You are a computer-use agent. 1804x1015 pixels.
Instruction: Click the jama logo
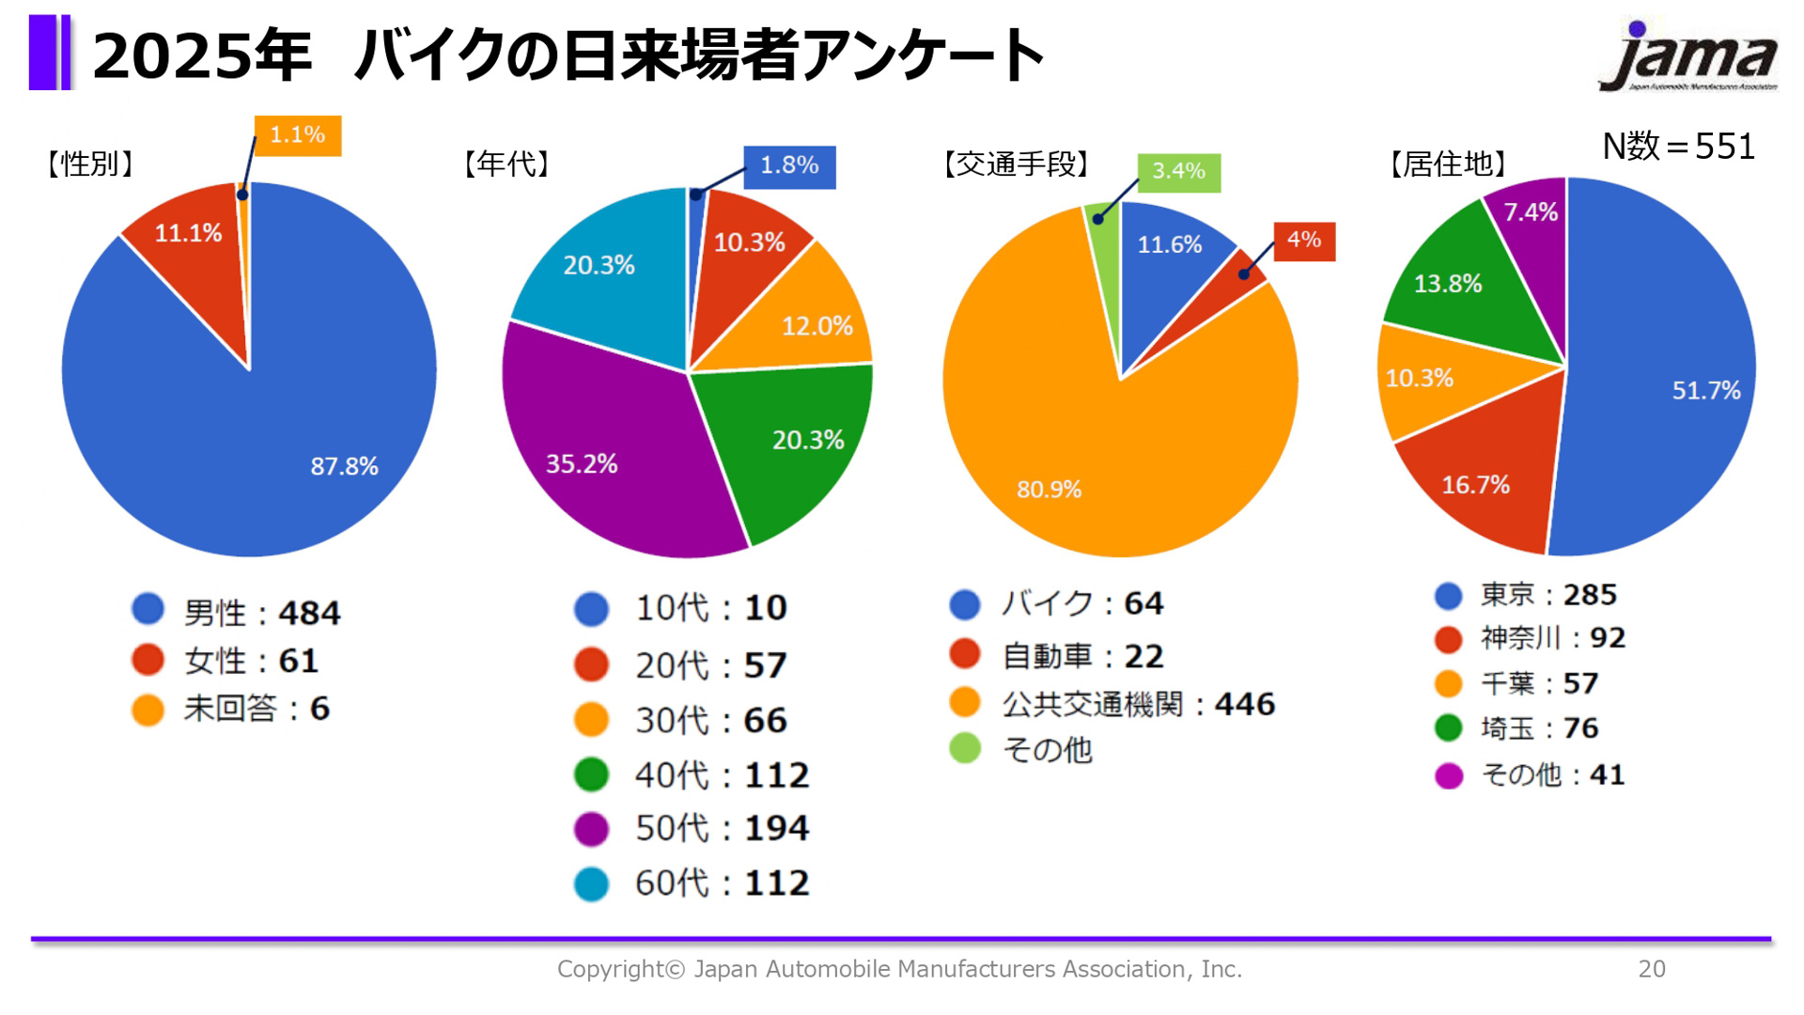pos(1688,58)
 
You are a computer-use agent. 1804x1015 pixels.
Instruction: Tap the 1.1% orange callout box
pos(297,135)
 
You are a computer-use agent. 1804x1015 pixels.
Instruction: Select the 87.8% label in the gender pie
pos(344,466)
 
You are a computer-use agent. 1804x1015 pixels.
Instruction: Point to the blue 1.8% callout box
pos(788,166)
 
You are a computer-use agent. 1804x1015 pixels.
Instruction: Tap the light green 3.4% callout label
pos(1178,172)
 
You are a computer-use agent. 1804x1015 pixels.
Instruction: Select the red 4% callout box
pos(1303,241)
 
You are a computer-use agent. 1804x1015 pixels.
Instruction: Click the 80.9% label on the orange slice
pos(1049,490)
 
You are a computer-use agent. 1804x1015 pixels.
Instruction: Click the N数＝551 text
pos(1678,147)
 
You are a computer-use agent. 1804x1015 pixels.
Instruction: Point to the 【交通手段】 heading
pos(1016,164)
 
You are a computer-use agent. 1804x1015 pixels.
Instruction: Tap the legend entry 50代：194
pos(721,829)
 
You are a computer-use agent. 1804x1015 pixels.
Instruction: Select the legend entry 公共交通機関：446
pos(1138,704)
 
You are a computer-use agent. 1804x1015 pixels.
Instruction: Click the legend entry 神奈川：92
pos(1552,638)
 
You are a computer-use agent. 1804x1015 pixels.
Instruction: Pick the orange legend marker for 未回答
pos(148,710)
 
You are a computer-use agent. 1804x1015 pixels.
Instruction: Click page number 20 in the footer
pos(1651,969)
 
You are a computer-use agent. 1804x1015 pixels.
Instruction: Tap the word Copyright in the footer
pos(611,969)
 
